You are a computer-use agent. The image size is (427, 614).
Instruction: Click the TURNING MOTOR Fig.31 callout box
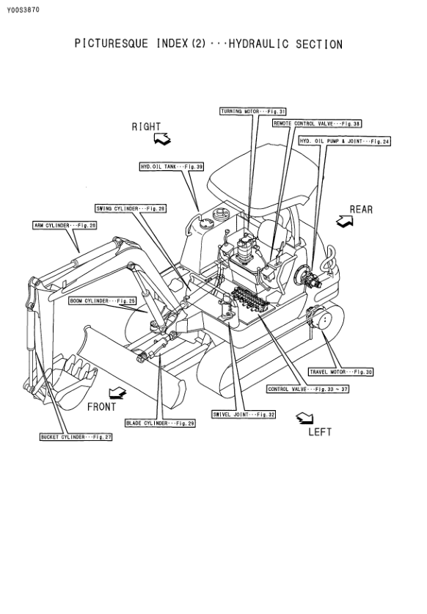(x=253, y=112)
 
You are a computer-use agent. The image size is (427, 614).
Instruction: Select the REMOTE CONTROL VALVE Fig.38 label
(x=317, y=124)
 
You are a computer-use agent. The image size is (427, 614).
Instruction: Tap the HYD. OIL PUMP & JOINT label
(x=345, y=142)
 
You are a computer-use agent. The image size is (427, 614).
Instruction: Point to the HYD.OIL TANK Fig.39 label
(x=172, y=167)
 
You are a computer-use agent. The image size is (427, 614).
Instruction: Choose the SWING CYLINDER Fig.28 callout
(x=131, y=209)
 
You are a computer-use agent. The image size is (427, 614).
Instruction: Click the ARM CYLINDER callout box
(x=65, y=225)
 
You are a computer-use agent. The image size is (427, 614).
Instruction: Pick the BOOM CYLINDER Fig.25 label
(x=103, y=301)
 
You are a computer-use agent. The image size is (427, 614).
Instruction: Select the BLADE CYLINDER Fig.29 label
(x=160, y=423)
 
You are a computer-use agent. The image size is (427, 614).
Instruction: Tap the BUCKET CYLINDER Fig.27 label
(x=76, y=437)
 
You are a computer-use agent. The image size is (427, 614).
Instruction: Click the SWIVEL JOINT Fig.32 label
(x=244, y=414)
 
